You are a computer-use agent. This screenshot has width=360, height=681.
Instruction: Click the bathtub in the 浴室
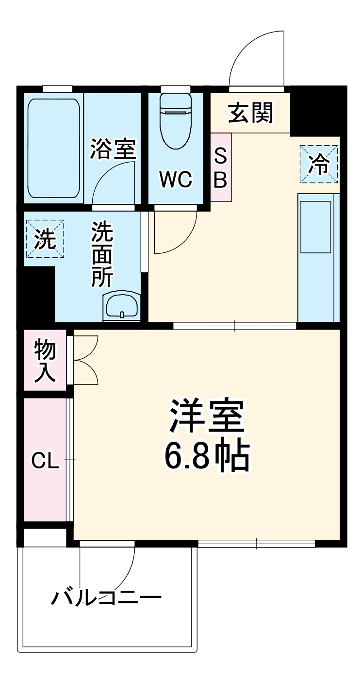[53, 148]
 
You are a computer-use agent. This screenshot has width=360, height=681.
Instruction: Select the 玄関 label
[251, 113]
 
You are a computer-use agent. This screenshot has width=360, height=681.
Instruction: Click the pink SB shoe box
[221, 168]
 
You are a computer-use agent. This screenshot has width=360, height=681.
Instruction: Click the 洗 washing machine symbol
[45, 239]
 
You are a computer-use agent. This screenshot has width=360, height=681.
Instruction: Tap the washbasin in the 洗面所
[121, 306]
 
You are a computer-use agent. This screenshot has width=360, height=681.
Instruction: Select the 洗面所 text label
[103, 254]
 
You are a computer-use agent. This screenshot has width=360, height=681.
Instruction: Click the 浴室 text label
[113, 149]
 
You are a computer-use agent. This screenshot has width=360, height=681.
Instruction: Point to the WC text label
[177, 180]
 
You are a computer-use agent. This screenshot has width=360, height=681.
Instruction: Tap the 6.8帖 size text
[207, 456]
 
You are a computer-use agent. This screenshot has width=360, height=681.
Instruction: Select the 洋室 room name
[207, 416]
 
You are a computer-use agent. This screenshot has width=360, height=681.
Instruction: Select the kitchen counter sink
[316, 227]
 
